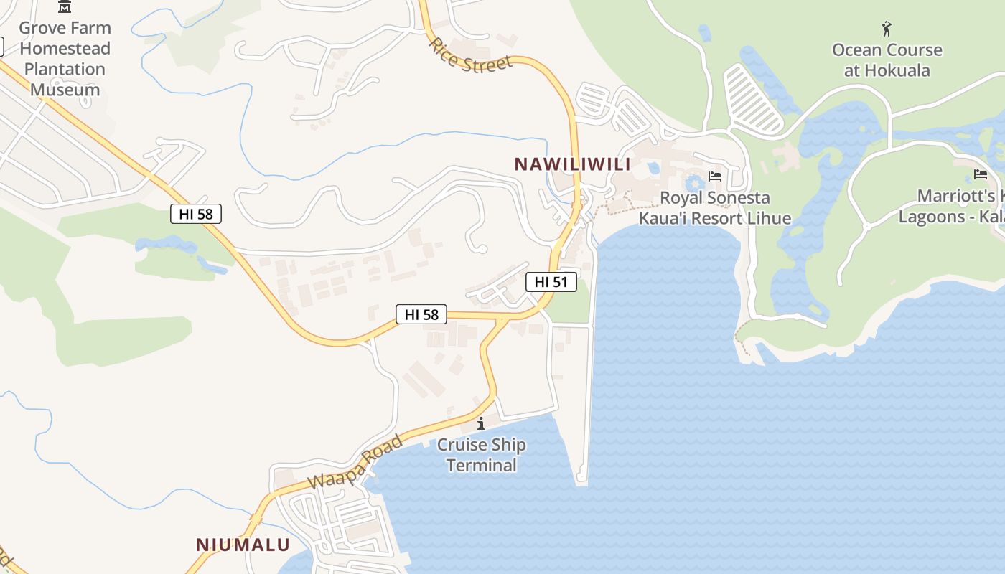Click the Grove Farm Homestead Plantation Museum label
65,59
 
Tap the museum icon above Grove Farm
65,7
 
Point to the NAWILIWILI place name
572,164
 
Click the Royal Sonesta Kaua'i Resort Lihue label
714,208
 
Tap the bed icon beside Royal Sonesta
714,176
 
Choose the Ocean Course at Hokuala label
887,60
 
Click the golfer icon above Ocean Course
887,29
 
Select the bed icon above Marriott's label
981,174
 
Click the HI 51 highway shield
551,282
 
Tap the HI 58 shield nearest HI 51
421,314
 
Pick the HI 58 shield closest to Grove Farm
196,213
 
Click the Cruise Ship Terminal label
481,455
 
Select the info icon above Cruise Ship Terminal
481,424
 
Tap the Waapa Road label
355,462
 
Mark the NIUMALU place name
243,545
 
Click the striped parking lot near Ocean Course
752,98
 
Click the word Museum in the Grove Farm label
65,90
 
